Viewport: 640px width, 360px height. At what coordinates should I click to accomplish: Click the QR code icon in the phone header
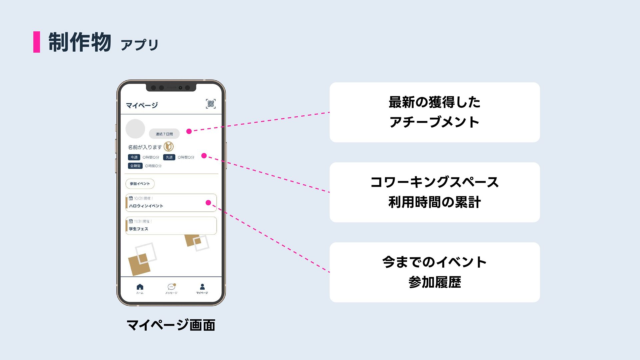point(211,104)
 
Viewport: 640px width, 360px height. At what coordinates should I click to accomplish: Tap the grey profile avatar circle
point(135,129)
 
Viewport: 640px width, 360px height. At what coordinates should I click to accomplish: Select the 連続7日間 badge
point(164,134)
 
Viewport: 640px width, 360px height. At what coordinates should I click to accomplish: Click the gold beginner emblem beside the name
point(169,147)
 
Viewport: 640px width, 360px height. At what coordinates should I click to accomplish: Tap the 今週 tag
point(134,157)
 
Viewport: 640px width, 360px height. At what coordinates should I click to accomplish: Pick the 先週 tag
point(169,157)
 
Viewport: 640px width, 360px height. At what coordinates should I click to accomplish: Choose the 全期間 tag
point(135,166)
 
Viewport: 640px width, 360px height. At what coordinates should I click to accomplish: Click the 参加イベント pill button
point(140,184)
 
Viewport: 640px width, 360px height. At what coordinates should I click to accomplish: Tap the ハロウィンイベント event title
point(146,206)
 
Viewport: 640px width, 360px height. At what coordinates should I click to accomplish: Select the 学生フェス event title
point(139,229)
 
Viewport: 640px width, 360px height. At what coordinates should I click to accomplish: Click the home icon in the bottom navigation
point(140,287)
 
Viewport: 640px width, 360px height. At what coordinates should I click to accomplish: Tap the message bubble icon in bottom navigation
point(171,287)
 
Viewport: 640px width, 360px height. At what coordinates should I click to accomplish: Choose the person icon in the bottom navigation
point(202,287)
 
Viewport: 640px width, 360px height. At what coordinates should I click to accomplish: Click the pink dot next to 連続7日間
point(189,131)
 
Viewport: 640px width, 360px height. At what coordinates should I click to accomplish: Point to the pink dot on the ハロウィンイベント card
point(208,203)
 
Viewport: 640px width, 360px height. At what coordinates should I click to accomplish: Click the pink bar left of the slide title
point(37,42)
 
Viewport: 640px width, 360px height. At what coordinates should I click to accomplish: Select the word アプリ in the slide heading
point(140,45)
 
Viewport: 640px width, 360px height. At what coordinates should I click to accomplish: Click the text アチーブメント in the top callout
point(434,122)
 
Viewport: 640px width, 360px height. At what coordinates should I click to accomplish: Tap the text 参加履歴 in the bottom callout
point(435,282)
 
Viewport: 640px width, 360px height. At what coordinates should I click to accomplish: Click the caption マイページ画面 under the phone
point(171,325)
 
